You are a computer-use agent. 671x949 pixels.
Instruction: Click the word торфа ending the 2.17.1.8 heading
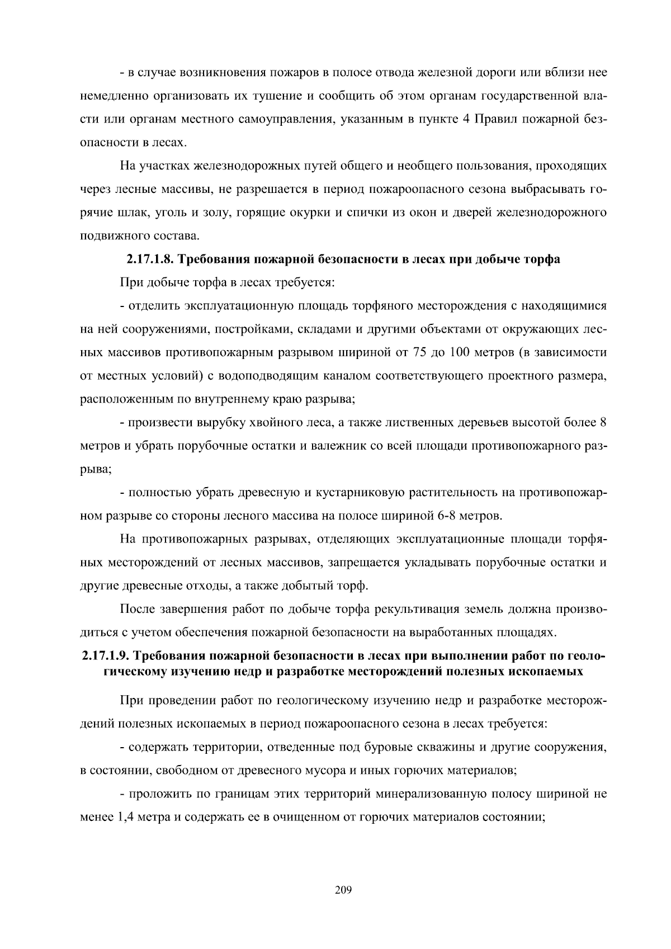pos(541,259)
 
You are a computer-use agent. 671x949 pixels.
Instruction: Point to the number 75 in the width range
pos(420,353)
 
